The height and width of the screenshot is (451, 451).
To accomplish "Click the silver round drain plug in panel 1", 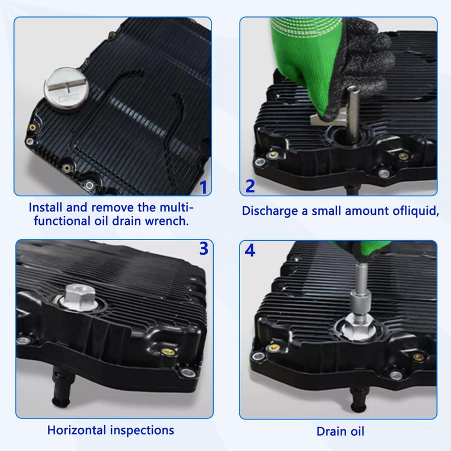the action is pyautogui.click(x=67, y=89).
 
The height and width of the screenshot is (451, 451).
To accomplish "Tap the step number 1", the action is pyautogui.click(x=204, y=187).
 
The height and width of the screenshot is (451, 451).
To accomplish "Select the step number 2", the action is pyautogui.click(x=250, y=186).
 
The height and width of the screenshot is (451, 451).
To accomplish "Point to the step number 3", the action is pyautogui.click(x=204, y=249).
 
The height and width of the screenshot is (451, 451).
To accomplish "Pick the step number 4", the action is pyautogui.click(x=250, y=250).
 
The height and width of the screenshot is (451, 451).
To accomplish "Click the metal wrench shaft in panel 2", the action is pyautogui.click(x=353, y=114).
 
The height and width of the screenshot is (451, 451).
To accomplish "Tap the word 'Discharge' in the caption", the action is pyautogui.click(x=270, y=211).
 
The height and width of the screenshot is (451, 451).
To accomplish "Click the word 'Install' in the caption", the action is pyautogui.click(x=46, y=207).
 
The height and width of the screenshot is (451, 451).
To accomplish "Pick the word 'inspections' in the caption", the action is pyautogui.click(x=143, y=431).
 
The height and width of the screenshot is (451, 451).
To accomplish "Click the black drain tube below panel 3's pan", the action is pyautogui.click(x=62, y=386).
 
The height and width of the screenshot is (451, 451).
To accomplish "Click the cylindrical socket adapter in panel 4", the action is pyautogui.click(x=360, y=303).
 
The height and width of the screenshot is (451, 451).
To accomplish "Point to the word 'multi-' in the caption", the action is pyautogui.click(x=176, y=207).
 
